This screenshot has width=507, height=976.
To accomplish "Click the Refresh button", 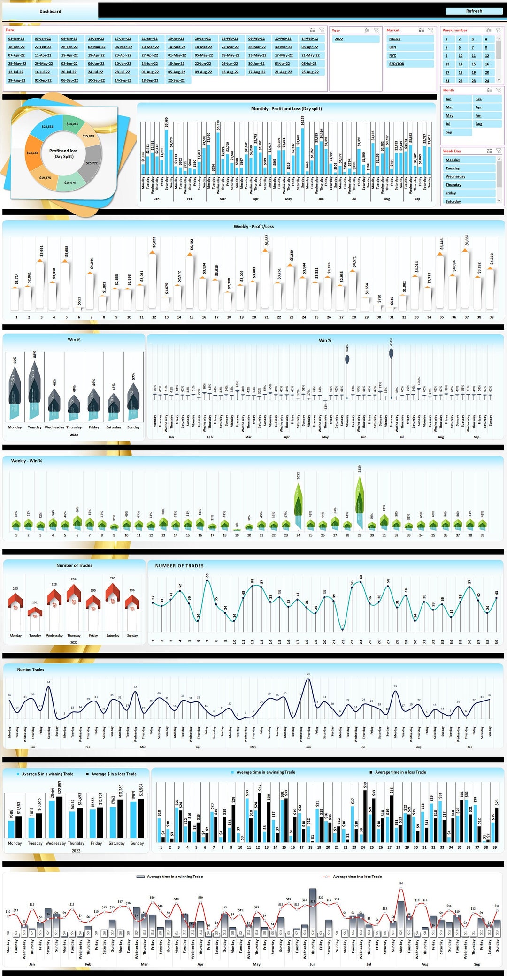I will click(474, 11).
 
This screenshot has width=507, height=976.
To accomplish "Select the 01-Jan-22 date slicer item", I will click(16, 39).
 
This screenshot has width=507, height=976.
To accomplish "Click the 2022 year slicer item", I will click(355, 39).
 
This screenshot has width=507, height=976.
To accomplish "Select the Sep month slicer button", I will click(457, 132).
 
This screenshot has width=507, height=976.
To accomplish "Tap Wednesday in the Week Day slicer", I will click(469, 176).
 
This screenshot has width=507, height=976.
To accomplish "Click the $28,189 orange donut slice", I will click(34, 153).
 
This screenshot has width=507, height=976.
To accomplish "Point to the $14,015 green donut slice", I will click(72, 124).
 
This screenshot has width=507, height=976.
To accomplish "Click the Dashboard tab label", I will click(50, 11).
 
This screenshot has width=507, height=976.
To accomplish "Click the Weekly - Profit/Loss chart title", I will click(253, 226).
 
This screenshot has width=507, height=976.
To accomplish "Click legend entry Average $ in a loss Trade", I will click(113, 774).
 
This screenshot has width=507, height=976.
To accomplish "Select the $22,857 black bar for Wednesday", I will click(59, 816).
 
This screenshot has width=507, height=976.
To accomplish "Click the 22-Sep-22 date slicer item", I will click(176, 80).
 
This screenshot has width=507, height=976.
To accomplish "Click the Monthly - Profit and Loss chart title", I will click(286, 108).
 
